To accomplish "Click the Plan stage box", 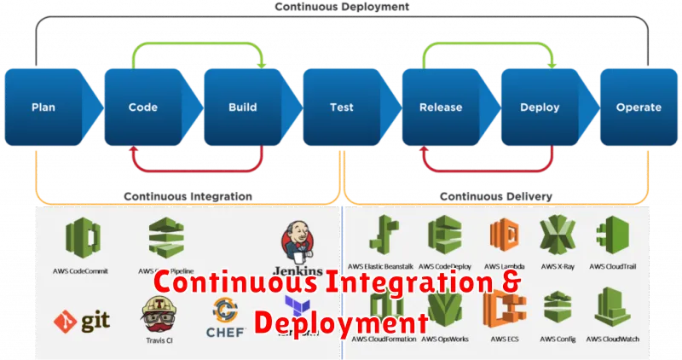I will [43, 107].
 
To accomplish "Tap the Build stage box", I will [243, 107].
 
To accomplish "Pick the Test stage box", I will [342, 107].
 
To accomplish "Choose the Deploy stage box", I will [540, 107].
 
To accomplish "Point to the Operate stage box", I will [639, 107].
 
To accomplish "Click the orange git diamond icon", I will [64, 322].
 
